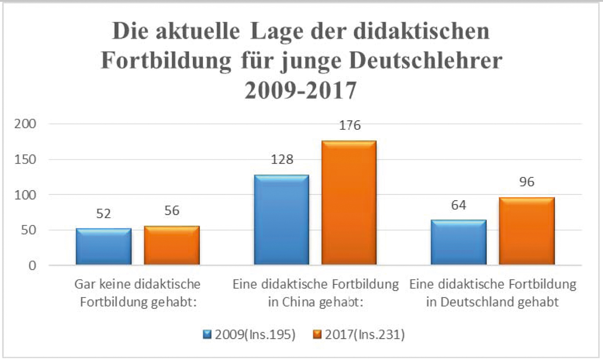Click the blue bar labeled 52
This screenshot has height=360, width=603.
click(x=103, y=246)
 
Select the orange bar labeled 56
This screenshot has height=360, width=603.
click(x=172, y=245)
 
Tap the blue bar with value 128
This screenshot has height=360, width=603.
click(x=282, y=220)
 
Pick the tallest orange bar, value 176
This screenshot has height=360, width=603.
click(x=349, y=203)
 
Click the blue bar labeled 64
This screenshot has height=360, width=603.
click(x=459, y=242)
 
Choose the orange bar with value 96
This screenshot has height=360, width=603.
click(x=526, y=231)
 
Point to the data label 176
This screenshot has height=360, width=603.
click(x=350, y=125)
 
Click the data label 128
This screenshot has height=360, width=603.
click(x=282, y=159)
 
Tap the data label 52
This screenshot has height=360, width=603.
click(x=103, y=214)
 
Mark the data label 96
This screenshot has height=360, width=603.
click(x=526, y=181)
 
